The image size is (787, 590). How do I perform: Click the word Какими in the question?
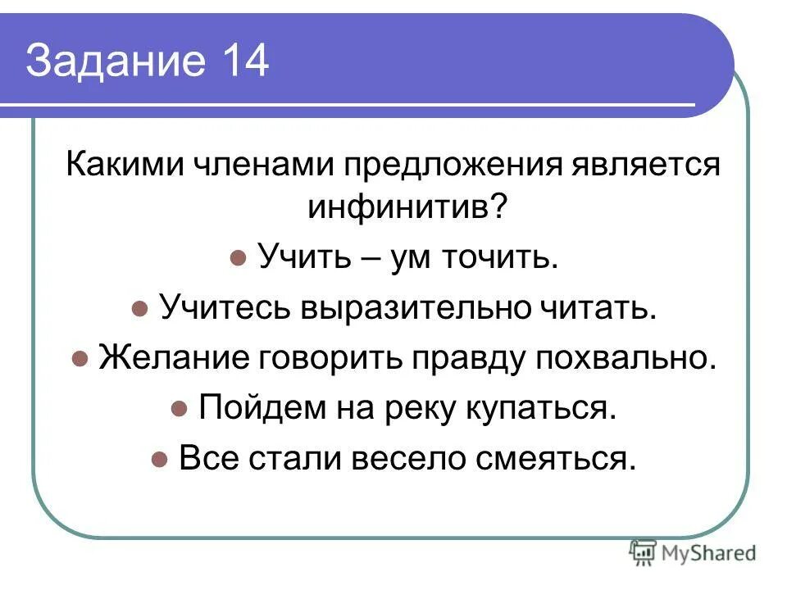(x=124, y=165)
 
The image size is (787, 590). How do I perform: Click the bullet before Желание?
(x=80, y=359)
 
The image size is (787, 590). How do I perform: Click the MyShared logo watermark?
(x=693, y=552)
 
